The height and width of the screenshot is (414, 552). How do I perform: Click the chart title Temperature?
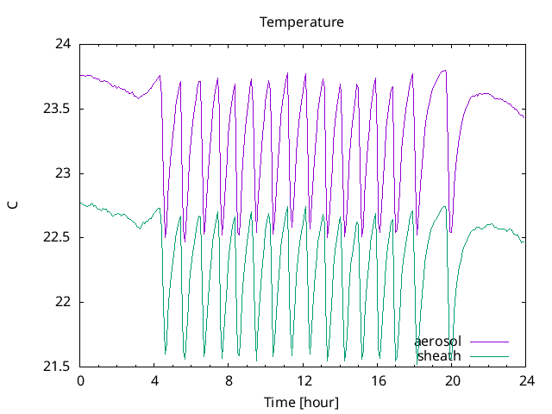coord(302,22)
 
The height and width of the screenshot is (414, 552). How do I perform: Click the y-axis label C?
coord(12,204)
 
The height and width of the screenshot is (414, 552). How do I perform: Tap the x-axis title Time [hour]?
coord(302,402)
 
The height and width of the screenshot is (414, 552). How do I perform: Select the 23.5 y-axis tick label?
coord(57,109)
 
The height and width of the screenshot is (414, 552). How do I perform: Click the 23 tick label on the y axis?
coord(63,173)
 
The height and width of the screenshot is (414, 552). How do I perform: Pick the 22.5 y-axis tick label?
coord(57,237)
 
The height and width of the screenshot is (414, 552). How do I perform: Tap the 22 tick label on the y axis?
coord(63,302)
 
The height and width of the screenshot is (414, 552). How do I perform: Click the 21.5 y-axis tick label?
coord(57,367)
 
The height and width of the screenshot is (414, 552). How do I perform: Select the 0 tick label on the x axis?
coord(80,381)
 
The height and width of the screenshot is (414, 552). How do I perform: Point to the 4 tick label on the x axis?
coord(154,381)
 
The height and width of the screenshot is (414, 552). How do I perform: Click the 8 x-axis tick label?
coord(229,381)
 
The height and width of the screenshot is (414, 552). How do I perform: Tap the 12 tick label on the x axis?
coord(303,381)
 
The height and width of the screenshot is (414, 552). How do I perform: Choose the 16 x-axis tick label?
coord(377,381)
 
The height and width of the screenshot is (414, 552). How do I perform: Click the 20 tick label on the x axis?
coord(451,381)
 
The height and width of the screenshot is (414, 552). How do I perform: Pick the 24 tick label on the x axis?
coord(525,381)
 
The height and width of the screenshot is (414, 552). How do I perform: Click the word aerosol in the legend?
coord(437,342)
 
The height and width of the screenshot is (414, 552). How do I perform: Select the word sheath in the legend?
coord(439,355)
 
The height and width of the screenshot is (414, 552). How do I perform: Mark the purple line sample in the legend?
coord(489,342)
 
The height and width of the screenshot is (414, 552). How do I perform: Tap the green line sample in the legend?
coord(489,355)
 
